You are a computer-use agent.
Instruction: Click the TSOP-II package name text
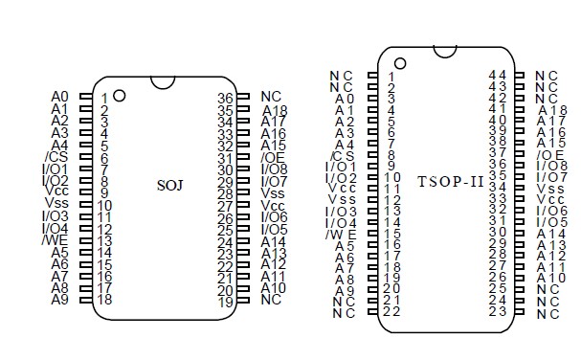click(450, 180)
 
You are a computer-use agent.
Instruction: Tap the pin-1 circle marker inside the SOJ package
click(119, 95)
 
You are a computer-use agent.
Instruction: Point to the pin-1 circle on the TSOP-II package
click(400, 63)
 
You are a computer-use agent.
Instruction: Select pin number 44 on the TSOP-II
click(497, 75)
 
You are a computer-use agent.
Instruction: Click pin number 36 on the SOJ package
click(225, 98)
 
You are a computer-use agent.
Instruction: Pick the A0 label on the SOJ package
click(59, 97)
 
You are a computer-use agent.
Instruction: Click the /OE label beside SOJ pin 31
click(273, 157)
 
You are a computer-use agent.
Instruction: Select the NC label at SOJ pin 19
click(272, 301)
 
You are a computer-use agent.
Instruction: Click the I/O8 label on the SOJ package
click(275, 169)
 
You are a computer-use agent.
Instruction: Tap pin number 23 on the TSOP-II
click(497, 311)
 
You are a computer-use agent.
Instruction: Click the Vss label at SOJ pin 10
click(56, 204)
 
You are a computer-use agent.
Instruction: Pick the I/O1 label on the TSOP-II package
click(342, 167)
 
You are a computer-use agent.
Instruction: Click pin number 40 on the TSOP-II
click(497, 121)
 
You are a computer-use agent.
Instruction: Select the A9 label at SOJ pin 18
click(59, 300)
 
